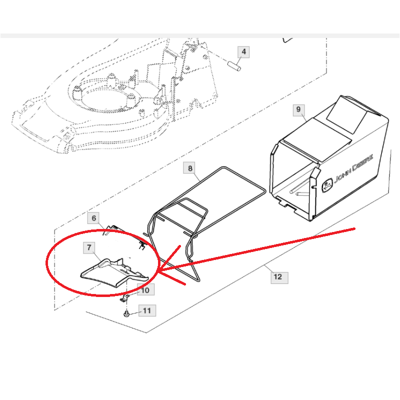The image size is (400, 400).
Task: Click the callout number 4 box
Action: tap(243, 52)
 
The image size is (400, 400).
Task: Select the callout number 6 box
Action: tap(94, 218)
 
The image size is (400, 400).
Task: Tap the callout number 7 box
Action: tap(89, 247)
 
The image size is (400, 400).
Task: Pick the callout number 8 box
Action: tap(190, 168)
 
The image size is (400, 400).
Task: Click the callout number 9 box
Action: tap(298, 109)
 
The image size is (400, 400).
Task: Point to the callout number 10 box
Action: tap(145, 290)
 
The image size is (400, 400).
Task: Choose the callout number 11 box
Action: tap(147, 310)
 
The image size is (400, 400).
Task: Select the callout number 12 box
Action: tap(279, 277)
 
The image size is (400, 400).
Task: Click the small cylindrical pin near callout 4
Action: tap(234, 65)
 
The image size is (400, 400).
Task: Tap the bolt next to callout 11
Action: tap(126, 314)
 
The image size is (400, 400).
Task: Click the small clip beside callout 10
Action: tap(124, 298)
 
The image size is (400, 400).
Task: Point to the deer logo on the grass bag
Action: tap(327, 185)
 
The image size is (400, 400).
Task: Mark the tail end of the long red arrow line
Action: tap(354, 229)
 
